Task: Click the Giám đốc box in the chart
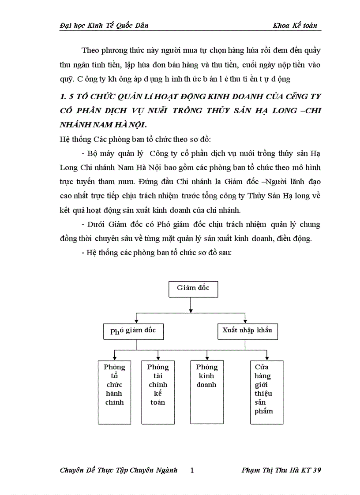pyautogui.click(x=193, y=288)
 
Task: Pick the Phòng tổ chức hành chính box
pyautogui.click(x=114, y=392)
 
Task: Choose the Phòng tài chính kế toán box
pyautogui.click(x=157, y=392)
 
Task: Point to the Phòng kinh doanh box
pyautogui.click(x=206, y=392)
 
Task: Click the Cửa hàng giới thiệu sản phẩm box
pyautogui.click(x=266, y=392)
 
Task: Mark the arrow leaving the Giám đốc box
pyautogui.click(x=190, y=305)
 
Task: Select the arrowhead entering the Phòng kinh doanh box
pyautogui.click(x=207, y=358)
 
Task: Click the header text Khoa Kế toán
pyautogui.click(x=295, y=26)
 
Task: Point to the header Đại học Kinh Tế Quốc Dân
pyautogui.click(x=104, y=26)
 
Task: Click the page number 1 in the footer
pyautogui.click(x=192, y=470)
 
